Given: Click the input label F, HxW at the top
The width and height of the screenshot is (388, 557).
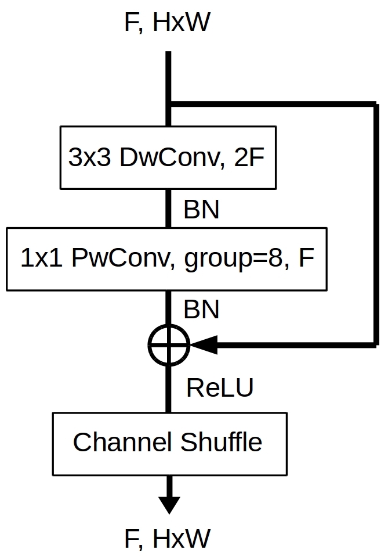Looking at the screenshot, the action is click(x=168, y=23).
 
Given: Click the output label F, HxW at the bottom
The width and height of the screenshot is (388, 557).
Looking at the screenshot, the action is click(x=168, y=538).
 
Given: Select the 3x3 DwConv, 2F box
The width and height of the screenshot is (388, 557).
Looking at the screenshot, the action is click(x=168, y=157).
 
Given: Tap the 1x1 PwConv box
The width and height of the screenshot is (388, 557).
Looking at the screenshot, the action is click(x=166, y=259).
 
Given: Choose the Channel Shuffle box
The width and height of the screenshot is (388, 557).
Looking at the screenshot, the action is click(x=169, y=444).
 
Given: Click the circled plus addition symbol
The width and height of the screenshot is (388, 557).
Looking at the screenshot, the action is click(x=169, y=344).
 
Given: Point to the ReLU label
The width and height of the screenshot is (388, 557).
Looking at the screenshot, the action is click(x=220, y=387).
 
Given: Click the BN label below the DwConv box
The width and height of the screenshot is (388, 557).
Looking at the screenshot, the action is click(x=201, y=209).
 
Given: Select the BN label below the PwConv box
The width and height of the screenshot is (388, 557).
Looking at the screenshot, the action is click(x=201, y=310).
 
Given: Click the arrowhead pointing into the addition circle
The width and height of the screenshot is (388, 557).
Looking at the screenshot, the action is click(x=204, y=344).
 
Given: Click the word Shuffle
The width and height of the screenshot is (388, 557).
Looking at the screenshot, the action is click(x=222, y=442).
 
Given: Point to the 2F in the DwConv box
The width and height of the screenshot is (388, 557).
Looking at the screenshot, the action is click(x=249, y=157).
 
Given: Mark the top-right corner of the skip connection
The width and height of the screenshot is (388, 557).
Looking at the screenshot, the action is click(x=376, y=104).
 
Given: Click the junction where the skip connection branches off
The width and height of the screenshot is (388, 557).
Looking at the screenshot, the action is click(x=169, y=104).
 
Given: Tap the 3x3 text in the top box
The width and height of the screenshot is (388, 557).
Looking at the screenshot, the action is click(x=89, y=157).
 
